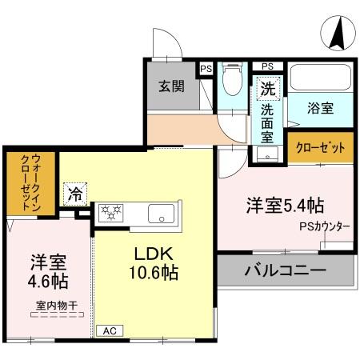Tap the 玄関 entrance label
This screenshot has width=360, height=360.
coord(171,86)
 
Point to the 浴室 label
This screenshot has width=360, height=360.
coord(321,109)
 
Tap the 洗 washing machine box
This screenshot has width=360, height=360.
coord(266,86)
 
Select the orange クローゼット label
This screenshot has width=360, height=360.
coord(320,148)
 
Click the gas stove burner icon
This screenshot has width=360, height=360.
coord(110,212)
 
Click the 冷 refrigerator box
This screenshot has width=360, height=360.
coord(74,193)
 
